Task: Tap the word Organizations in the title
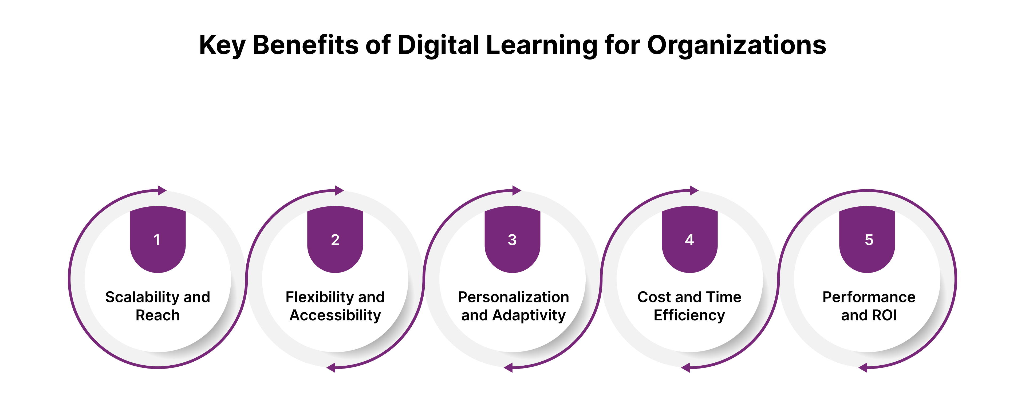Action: (x=736, y=45)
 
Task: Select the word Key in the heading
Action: (x=222, y=45)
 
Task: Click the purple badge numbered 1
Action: (x=157, y=239)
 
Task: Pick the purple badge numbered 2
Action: (x=335, y=239)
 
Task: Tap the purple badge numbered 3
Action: (x=512, y=239)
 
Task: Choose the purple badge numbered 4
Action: (x=689, y=239)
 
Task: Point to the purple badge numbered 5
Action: (x=867, y=239)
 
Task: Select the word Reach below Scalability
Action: (x=157, y=315)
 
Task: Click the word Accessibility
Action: (x=335, y=315)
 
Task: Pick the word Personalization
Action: (x=513, y=297)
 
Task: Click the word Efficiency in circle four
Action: (x=689, y=315)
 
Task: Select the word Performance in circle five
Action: (x=869, y=297)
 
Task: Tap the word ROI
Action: (x=885, y=315)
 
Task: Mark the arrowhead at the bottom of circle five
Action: (x=863, y=368)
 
